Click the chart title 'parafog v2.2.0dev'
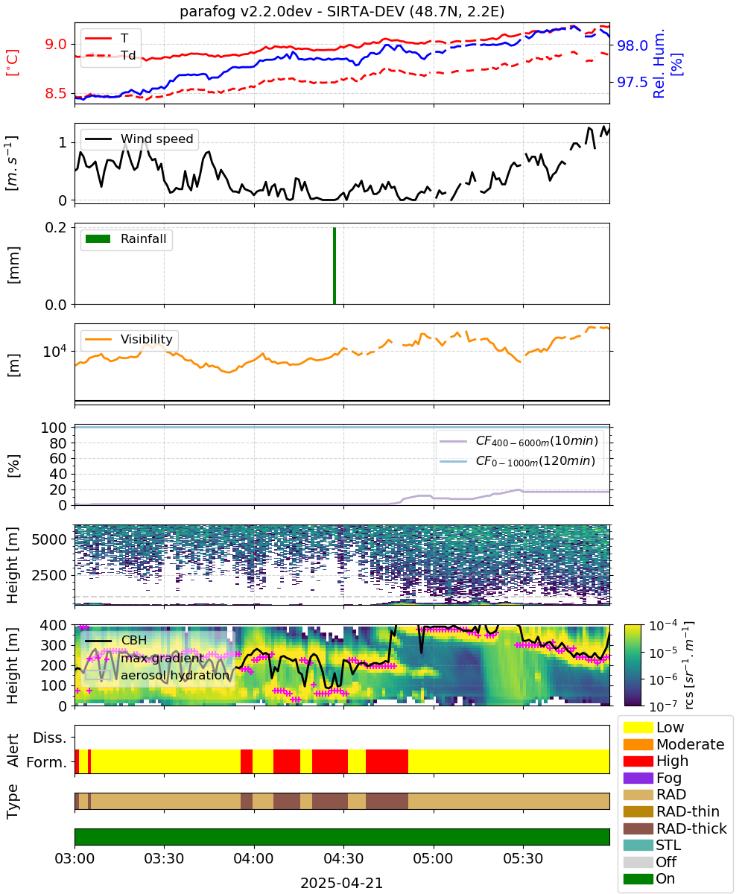(x=246, y=11)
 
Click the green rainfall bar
(x=335, y=265)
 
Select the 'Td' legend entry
(x=110, y=56)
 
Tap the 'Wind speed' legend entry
(x=139, y=139)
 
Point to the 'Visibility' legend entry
(x=129, y=339)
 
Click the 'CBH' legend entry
(x=115, y=640)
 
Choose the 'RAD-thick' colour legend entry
(x=675, y=828)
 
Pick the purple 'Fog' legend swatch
(x=638, y=778)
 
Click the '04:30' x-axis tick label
(x=343, y=858)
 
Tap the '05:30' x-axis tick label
(x=523, y=858)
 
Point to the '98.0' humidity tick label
(x=632, y=45)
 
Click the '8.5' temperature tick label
(x=56, y=93)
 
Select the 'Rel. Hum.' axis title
(x=659, y=64)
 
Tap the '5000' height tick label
(x=49, y=539)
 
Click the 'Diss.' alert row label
(x=50, y=738)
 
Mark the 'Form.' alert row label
(x=47, y=763)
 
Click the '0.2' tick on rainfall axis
(x=56, y=227)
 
